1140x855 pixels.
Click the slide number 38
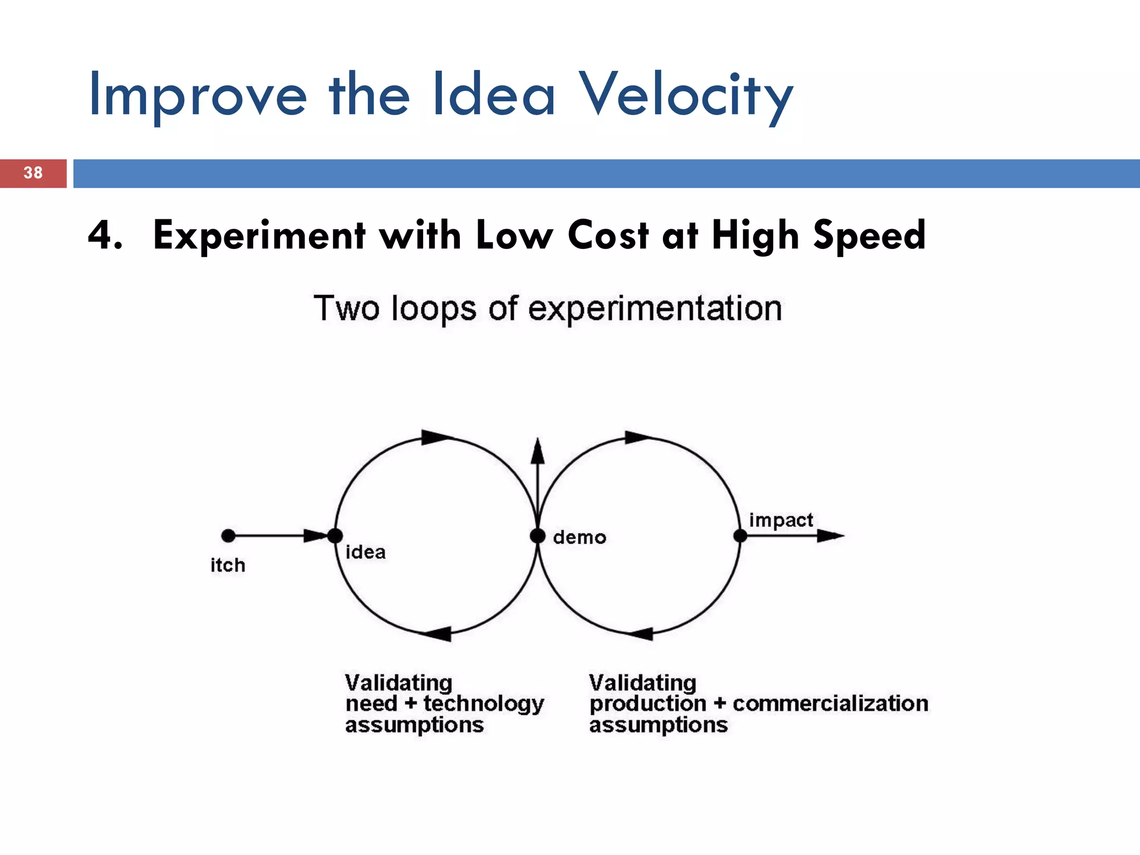[33, 173]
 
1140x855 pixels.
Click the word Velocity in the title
[686, 96]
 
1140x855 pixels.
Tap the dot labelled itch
[228, 535]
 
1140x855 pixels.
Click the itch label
[228, 566]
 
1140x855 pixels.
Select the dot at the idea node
[335, 535]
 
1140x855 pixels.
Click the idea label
[365, 552]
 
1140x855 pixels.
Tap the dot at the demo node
[538, 535]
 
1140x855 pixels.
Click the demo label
[579, 538]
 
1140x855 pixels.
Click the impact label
[780, 520]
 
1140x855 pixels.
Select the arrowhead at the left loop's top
[436, 437]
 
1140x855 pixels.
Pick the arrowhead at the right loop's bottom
[640, 633]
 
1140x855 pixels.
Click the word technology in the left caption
[483, 704]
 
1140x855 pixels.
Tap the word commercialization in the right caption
[830, 704]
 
